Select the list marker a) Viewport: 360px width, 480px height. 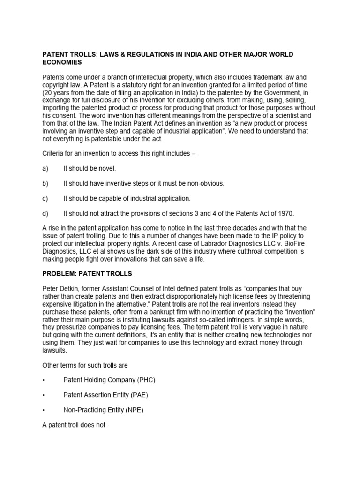coord(45,168)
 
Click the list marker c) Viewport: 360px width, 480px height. coord(45,198)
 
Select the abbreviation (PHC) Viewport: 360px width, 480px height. coord(145,380)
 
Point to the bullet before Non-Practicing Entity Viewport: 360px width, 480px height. coord(44,410)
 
